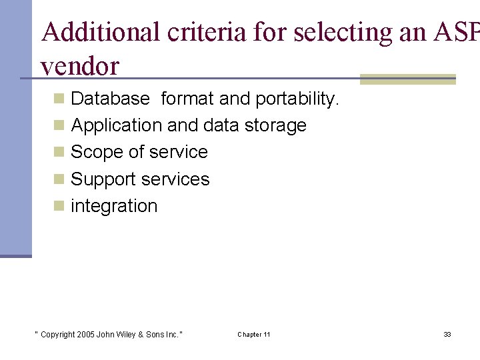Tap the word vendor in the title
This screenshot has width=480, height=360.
pyautogui.click(x=79, y=66)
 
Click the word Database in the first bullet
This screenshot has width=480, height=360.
pyautogui.click(x=110, y=99)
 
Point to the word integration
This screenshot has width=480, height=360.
pyautogui.click(x=114, y=207)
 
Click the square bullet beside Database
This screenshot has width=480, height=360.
pyautogui.click(x=59, y=99)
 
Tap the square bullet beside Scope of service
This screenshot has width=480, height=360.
pyautogui.click(x=59, y=153)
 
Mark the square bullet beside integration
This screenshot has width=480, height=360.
pyautogui.click(x=59, y=207)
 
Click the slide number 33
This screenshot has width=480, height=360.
pyautogui.click(x=447, y=334)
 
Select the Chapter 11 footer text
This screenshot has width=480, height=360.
pyautogui.click(x=254, y=334)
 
